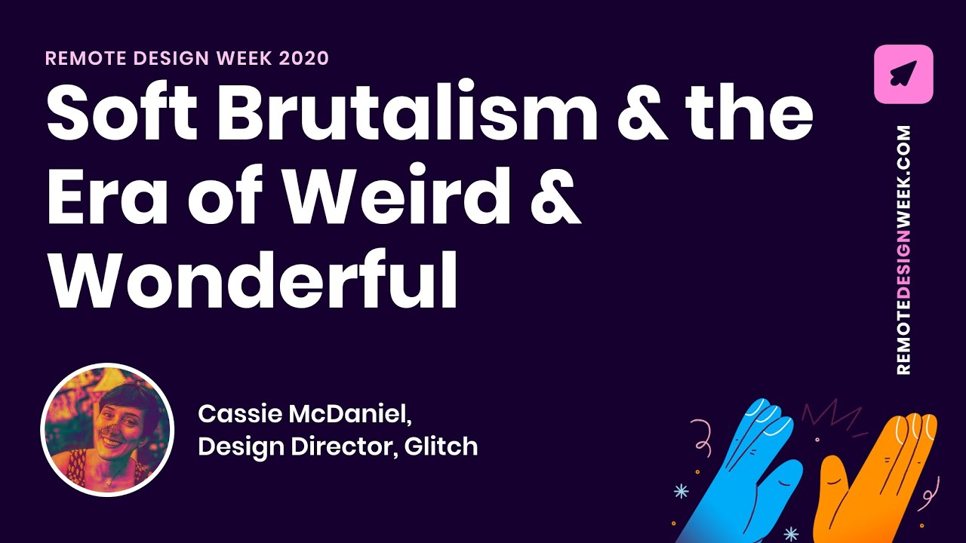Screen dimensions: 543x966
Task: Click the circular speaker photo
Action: pyautogui.click(x=107, y=430)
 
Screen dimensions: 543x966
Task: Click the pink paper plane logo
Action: pyautogui.click(x=903, y=74)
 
